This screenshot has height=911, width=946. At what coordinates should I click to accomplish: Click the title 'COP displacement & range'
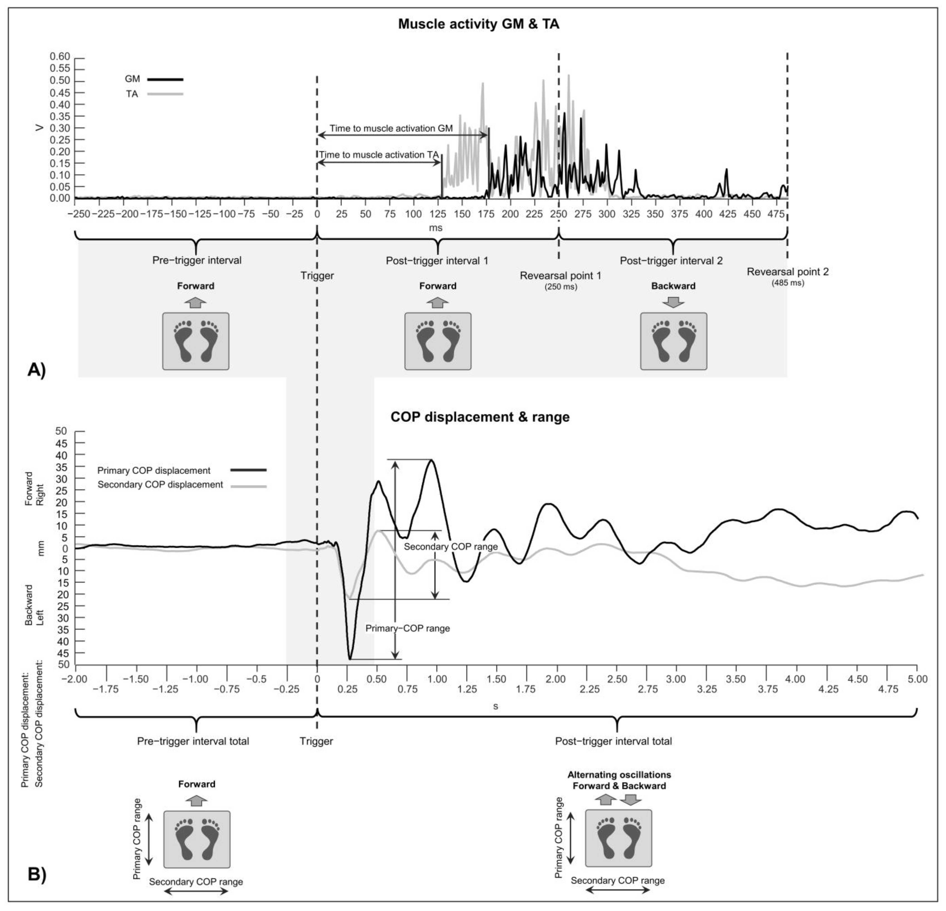pyautogui.click(x=480, y=417)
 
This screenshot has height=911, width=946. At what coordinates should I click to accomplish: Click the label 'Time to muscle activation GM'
pyautogui.click(x=391, y=128)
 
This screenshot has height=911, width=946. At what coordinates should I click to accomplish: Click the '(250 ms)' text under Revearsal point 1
pyautogui.click(x=561, y=287)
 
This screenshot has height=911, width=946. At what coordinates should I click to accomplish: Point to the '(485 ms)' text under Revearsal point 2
pyautogui.click(x=788, y=283)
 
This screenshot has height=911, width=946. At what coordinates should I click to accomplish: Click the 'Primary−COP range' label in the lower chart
pyautogui.click(x=407, y=628)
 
